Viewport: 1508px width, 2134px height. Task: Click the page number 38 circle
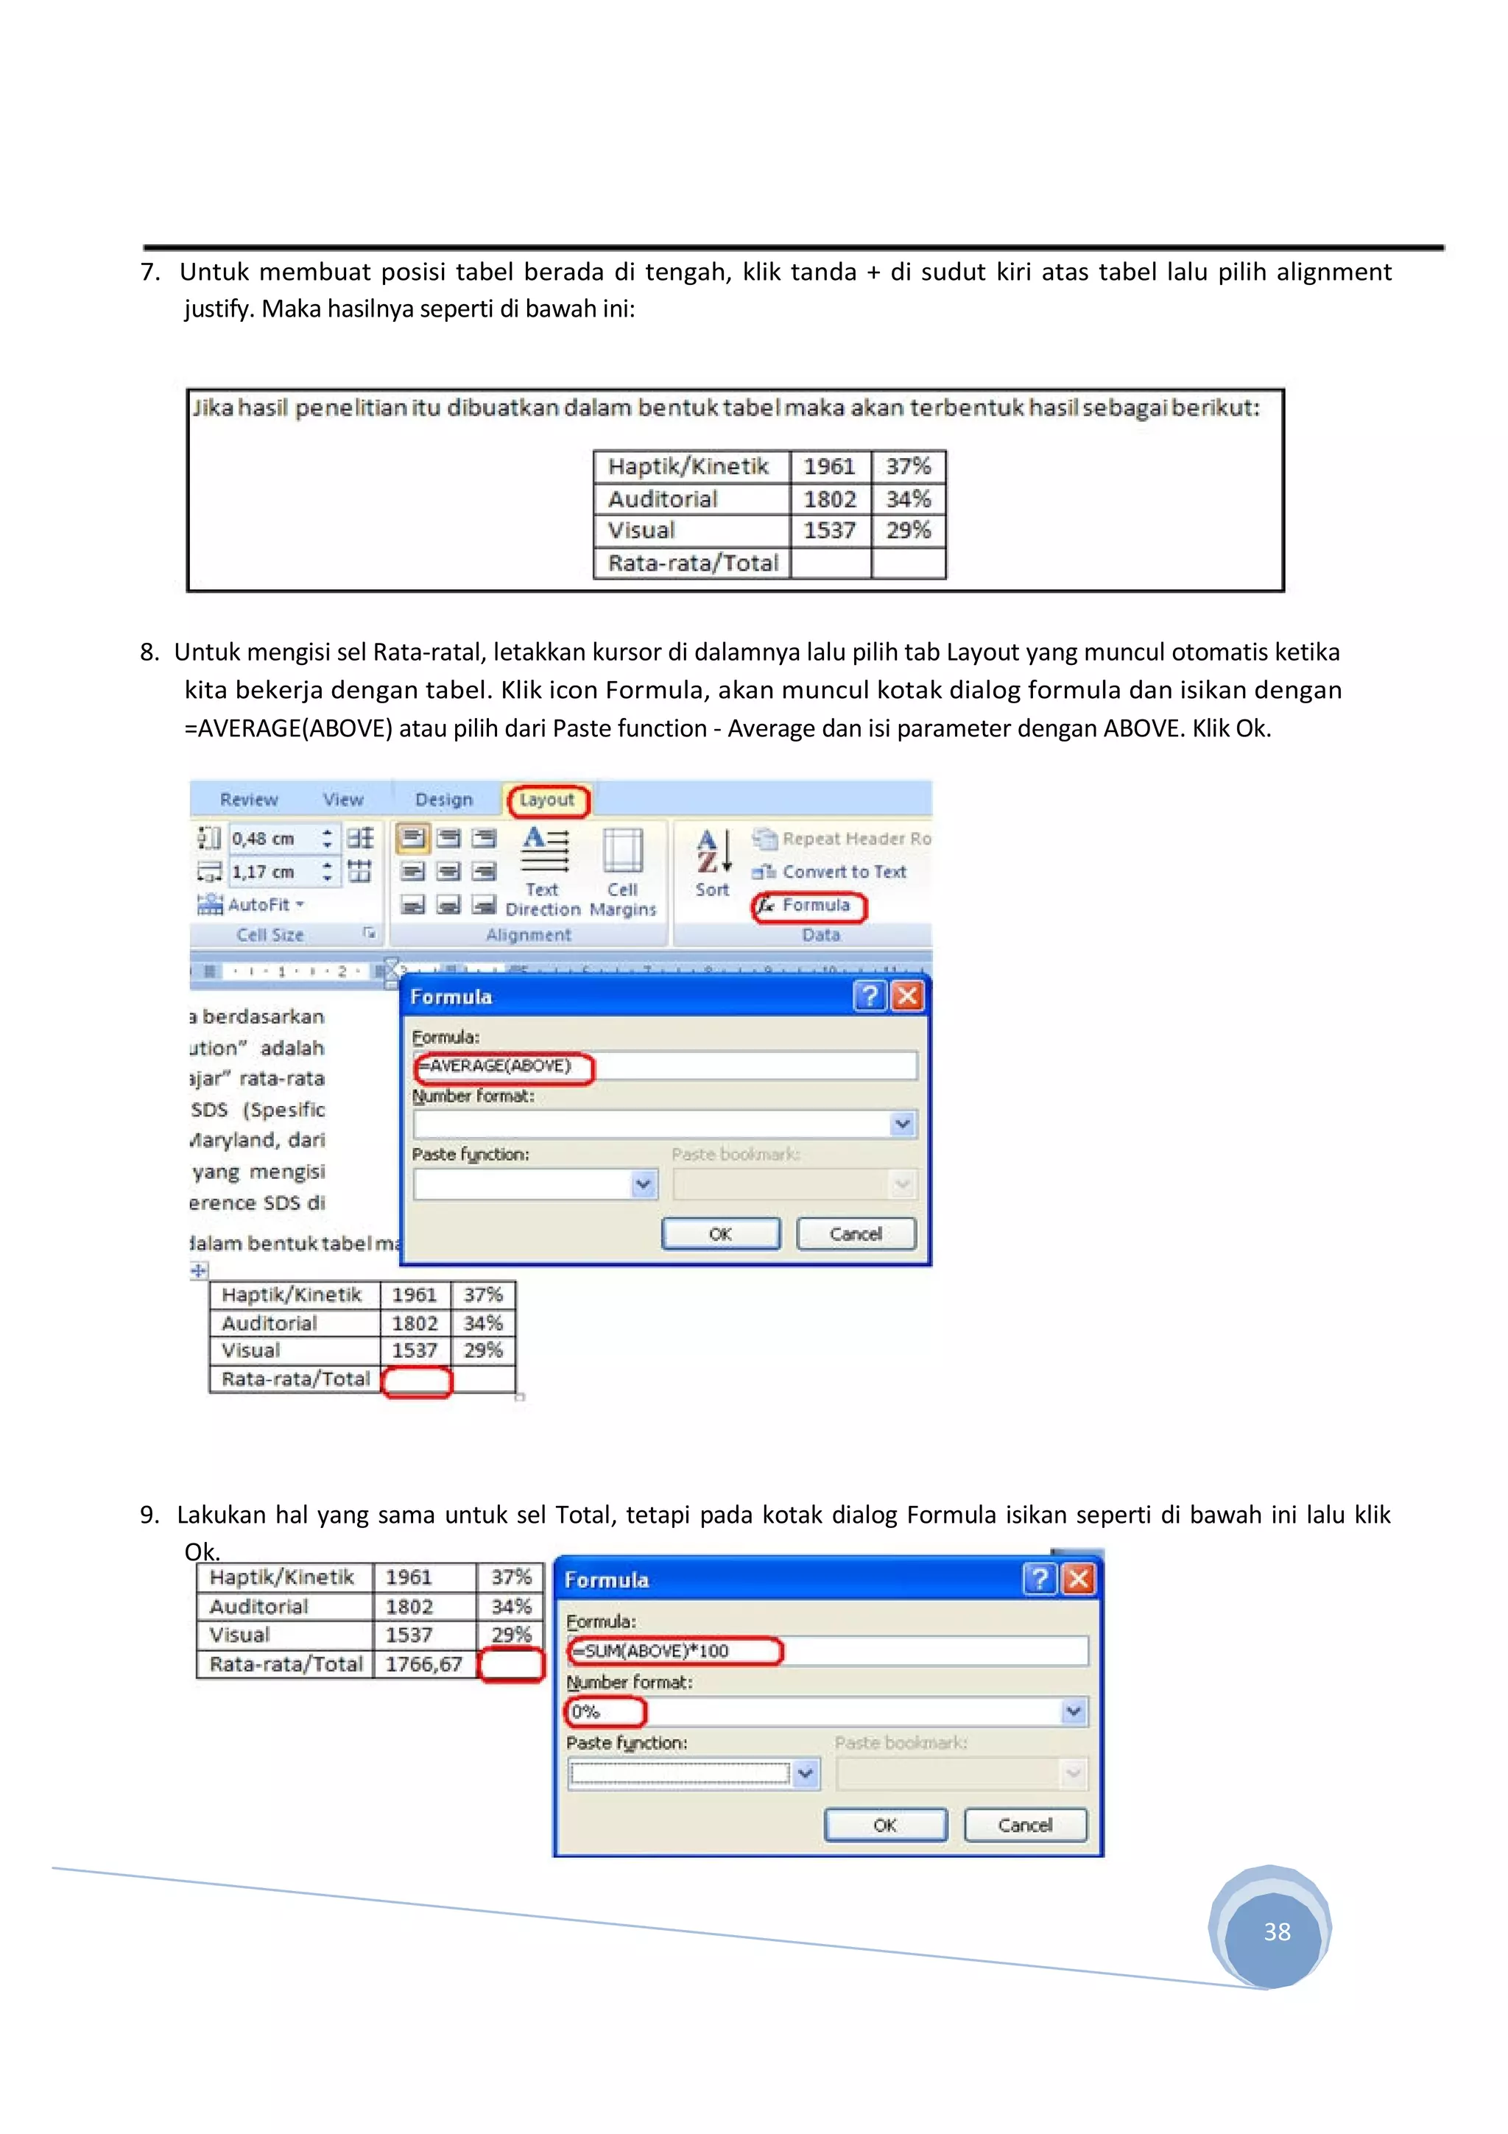(x=1276, y=1931)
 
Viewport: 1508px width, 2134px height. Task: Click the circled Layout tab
(x=546, y=799)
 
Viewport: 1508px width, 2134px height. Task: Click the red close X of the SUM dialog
(x=1078, y=1579)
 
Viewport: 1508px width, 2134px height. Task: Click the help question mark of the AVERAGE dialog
(x=869, y=996)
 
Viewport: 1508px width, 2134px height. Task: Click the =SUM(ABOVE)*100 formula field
(x=827, y=1652)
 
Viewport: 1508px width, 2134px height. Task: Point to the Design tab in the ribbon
(x=444, y=799)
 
